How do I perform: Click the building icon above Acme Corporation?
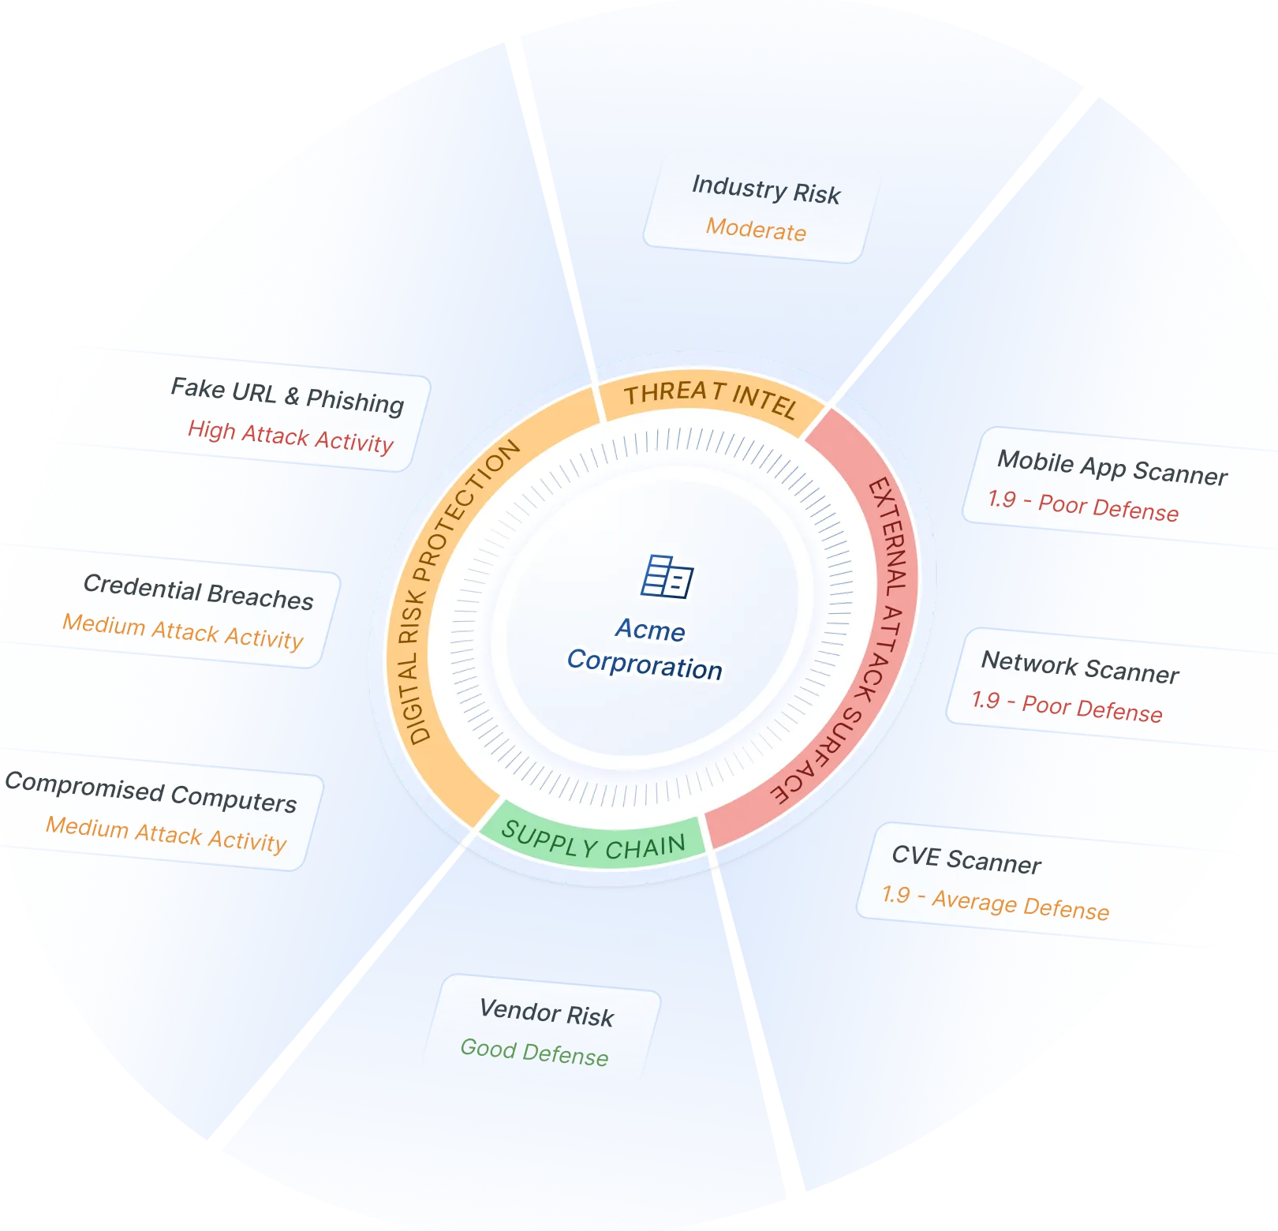point(667,577)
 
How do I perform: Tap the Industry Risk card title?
point(766,190)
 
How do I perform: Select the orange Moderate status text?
point(756,230)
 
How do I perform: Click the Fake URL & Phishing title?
point(287,395)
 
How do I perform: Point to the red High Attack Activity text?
point(290,436)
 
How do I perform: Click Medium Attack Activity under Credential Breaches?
point(183,632)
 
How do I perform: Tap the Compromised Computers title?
point(151,791)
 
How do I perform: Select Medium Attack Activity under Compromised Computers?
point(166,835)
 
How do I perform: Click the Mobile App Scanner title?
point(1112,467)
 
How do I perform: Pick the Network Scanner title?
point(1080,668)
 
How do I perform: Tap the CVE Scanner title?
point(966,859)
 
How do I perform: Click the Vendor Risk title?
point(547,1012)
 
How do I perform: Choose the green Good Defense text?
point(534,1053)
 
